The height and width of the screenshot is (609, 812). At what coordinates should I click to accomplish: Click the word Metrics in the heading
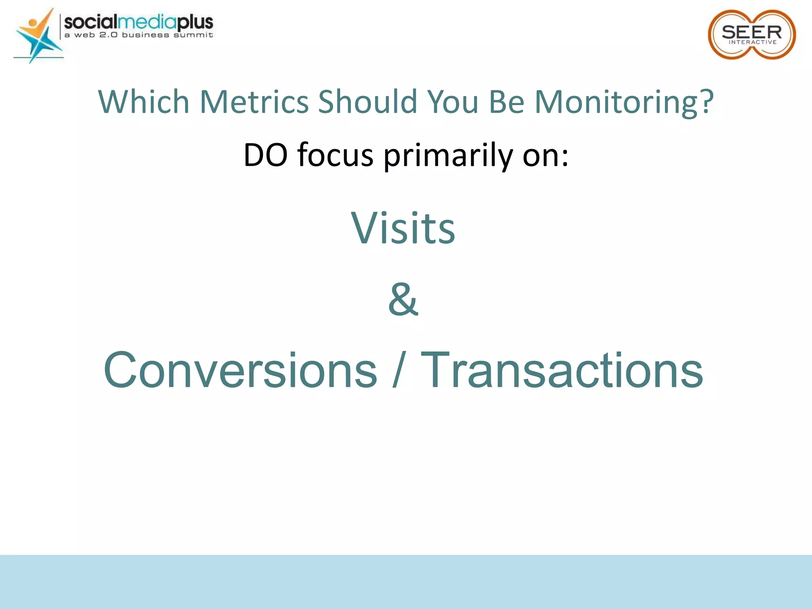(x=254, y=102)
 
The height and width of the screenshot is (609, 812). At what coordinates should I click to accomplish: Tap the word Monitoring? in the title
(x=624, y=102)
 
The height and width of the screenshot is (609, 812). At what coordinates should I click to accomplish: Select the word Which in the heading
(x=144, y=102)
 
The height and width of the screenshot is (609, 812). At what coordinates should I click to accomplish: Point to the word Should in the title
(x=368, y=102)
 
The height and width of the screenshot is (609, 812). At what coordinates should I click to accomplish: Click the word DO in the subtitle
(x=265, y=155)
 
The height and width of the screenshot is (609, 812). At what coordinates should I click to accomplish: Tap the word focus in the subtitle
(x=335, y=155)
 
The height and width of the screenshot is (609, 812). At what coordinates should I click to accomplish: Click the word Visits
(x=403, y=228)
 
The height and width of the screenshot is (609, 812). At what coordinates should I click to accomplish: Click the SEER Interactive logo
(x=752, y=34)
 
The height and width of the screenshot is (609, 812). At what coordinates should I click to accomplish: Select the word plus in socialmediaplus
(x=195, y=22)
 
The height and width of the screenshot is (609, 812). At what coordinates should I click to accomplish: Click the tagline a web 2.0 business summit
(x=138, y=35)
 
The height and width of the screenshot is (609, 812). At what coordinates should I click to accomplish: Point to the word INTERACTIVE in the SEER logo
(x=753, y=42)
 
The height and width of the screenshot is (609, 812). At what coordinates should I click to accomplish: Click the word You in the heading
(x=452, y=102)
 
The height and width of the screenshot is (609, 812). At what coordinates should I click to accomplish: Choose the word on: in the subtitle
(x=545, y=155)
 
